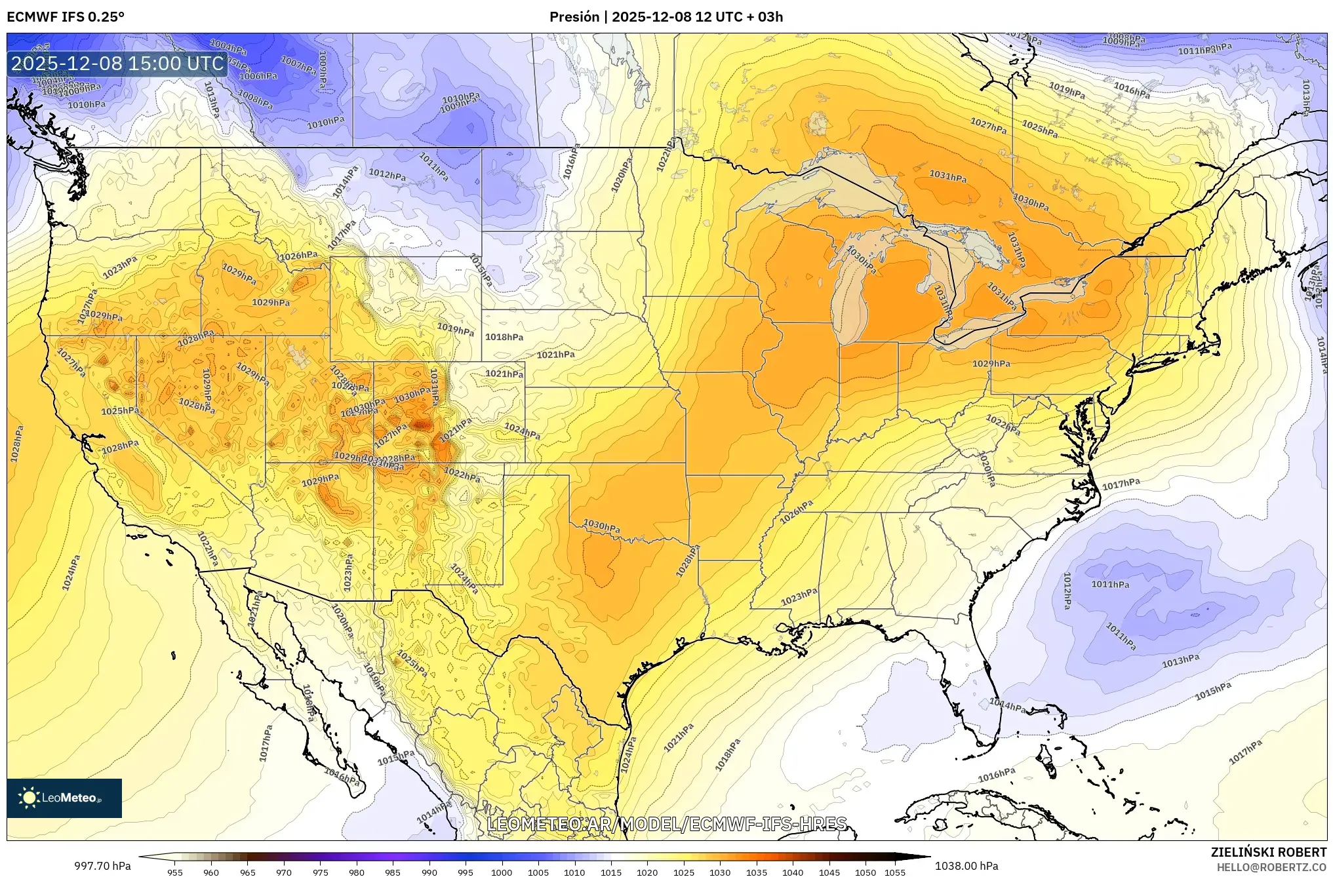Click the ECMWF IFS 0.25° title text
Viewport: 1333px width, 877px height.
(x=66, y=17)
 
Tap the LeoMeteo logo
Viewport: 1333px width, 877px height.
(x=64, y=798)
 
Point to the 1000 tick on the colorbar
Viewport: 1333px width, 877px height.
(x=502, y=872)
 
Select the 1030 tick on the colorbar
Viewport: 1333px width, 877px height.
(x=719, y=872)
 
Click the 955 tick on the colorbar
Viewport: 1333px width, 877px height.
(x=174, y=872)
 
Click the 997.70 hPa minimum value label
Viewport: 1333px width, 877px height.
(x=102, y=867)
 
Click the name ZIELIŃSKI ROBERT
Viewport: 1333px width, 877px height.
(x=1269, y=852)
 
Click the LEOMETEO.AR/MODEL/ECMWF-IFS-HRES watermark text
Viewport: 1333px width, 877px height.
(x=667, y=824)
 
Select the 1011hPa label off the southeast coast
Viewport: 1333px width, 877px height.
(x=1110, y=585)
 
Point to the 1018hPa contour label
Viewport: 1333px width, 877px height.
(x=504, y=337)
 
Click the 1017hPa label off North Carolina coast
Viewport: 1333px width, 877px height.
(x=1121, y=484)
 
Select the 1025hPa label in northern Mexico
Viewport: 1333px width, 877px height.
(x=412, y=664)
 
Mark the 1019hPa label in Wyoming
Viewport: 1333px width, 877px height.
(x=455, y=329)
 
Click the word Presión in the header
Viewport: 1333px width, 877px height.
(x=574, y=17)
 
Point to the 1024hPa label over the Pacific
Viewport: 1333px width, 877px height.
(x=71, y=572)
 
